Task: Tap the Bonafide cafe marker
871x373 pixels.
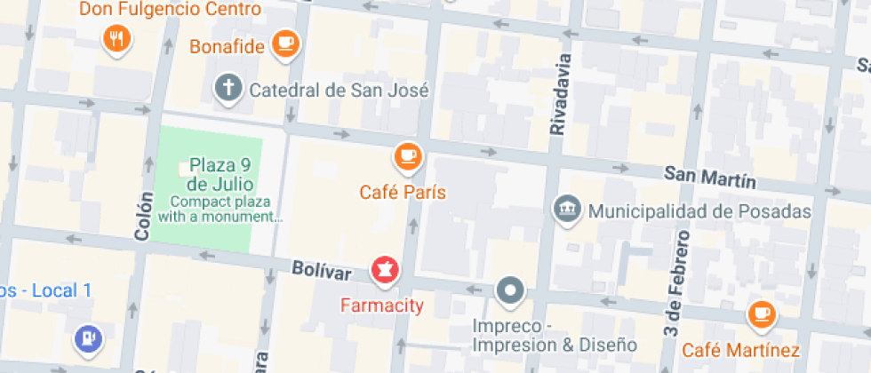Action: click(x=285, y=43)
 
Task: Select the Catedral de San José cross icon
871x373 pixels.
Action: click(x=228, y=88)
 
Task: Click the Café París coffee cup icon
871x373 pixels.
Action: click(x=408, y=156)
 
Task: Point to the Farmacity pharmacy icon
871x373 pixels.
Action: click(x=385, y=268)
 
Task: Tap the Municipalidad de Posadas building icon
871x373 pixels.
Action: click(x=566, y=210)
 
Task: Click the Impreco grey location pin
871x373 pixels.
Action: click(x=510, y=290)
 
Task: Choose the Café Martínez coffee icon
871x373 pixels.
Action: click(x=761, y=313)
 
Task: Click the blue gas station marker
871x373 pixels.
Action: click(x=90, y=337)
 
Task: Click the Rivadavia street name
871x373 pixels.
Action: click(x=557, y=93)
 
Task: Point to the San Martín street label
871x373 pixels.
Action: click(x=709, y=176)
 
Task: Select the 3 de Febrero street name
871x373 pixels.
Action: click(x=677, y=282)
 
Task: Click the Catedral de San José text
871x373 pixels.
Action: click(x=339, y=90)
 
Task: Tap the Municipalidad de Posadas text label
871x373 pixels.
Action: click(x=700, y=211)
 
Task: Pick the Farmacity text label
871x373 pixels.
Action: click(x=382, y=306)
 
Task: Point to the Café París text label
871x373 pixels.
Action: click(x=403, y=192)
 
